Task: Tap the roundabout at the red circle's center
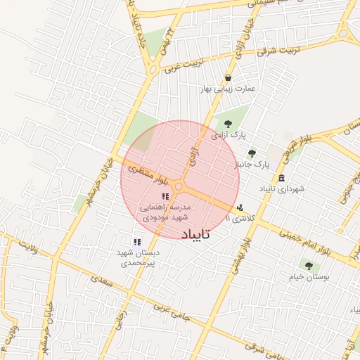[179, 186]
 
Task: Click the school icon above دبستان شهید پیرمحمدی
[137, 242]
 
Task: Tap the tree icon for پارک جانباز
[252, 153]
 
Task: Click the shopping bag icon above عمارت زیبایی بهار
[228, 78]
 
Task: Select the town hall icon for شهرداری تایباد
[281, 178]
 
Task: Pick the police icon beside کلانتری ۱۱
[241, 207]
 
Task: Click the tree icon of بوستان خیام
[308, 266]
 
